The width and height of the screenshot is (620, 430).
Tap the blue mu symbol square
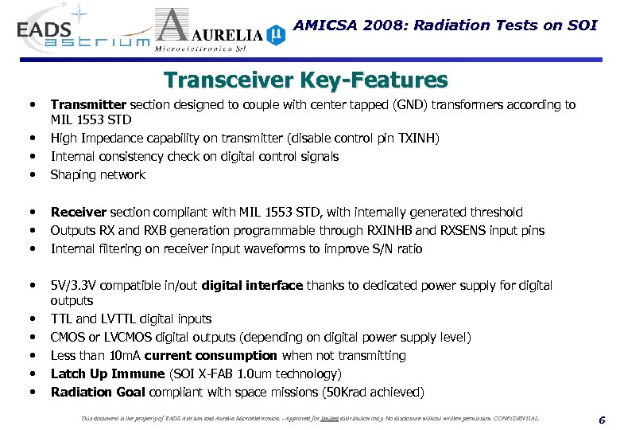click(275, 33)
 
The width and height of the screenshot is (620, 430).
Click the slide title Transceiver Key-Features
click(305, 80)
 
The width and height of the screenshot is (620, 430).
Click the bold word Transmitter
click(88, 104)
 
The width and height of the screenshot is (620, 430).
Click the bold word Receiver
click(78, 213)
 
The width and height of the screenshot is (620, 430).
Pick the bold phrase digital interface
click(252, 285)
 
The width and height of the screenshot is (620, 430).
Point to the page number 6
click(602, 420)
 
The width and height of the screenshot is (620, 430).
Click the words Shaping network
click(98, 174)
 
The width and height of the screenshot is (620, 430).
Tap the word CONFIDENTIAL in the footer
click(509, 418)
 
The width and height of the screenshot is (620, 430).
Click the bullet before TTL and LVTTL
click(32, 319)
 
